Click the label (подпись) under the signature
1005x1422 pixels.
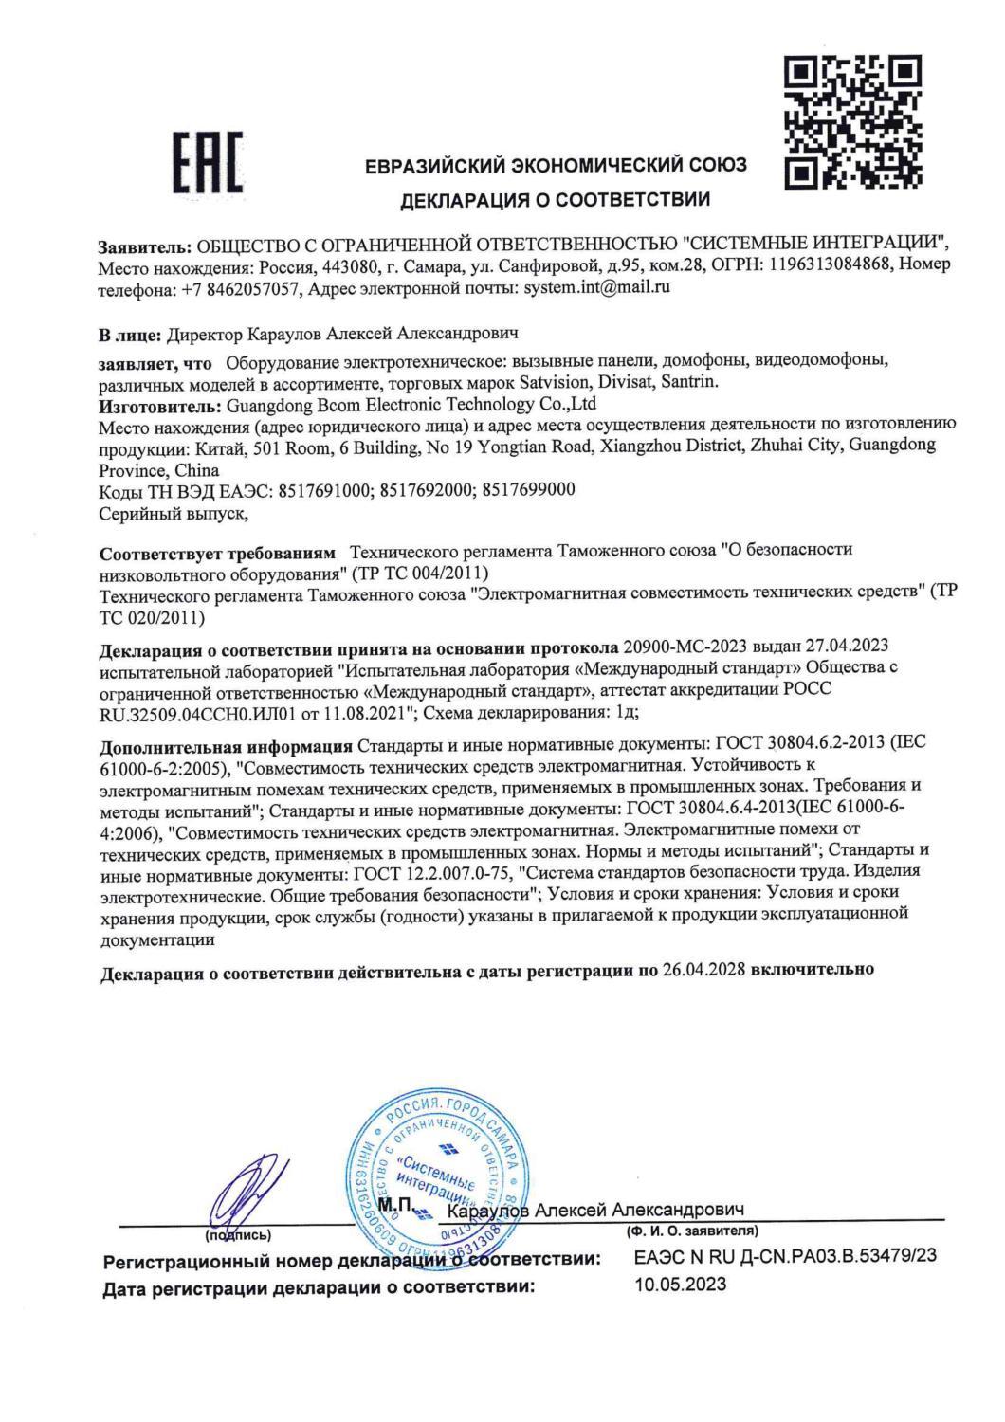coord(239,1235)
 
